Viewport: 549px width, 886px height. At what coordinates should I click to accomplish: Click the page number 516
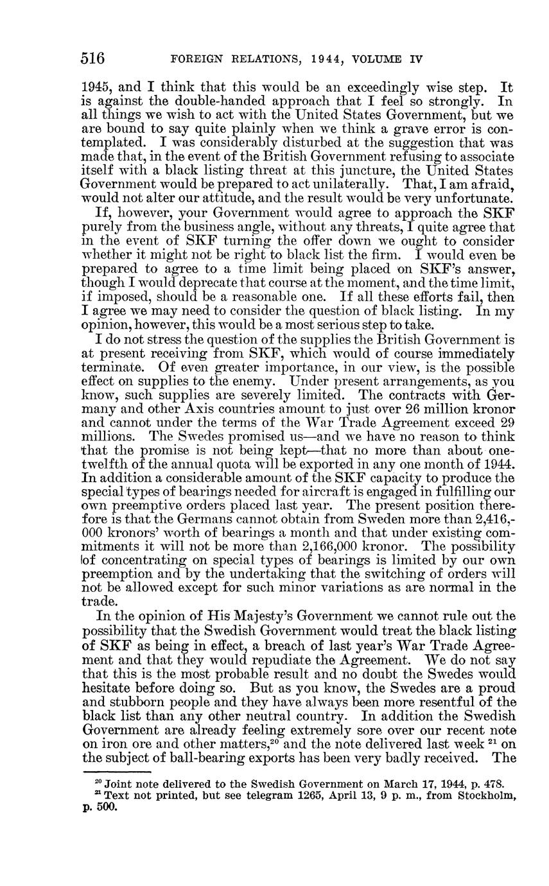tap(92, 58)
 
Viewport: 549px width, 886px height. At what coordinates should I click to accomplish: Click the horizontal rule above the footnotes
tap(116, 772)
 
